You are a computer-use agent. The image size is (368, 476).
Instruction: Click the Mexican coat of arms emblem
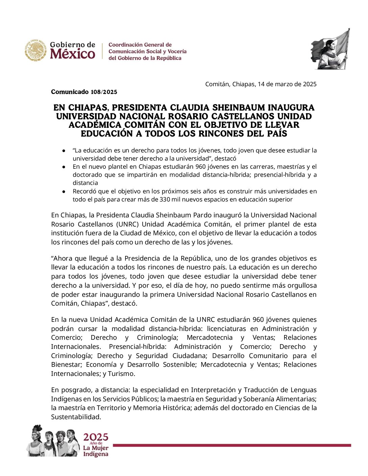36,51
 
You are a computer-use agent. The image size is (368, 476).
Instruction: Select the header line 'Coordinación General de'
140,45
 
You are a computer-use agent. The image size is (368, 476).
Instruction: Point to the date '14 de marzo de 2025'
287,84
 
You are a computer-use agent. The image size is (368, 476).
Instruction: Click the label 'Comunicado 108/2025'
84,92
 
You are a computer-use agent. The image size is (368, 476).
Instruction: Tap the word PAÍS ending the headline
276,134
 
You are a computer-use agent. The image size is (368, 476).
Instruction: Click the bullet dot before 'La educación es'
63,150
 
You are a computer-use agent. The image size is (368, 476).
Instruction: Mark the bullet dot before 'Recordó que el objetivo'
63,191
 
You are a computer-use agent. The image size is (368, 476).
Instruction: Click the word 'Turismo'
121,374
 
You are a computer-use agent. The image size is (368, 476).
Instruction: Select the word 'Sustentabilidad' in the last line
76,417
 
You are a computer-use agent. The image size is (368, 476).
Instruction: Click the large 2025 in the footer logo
96,437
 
